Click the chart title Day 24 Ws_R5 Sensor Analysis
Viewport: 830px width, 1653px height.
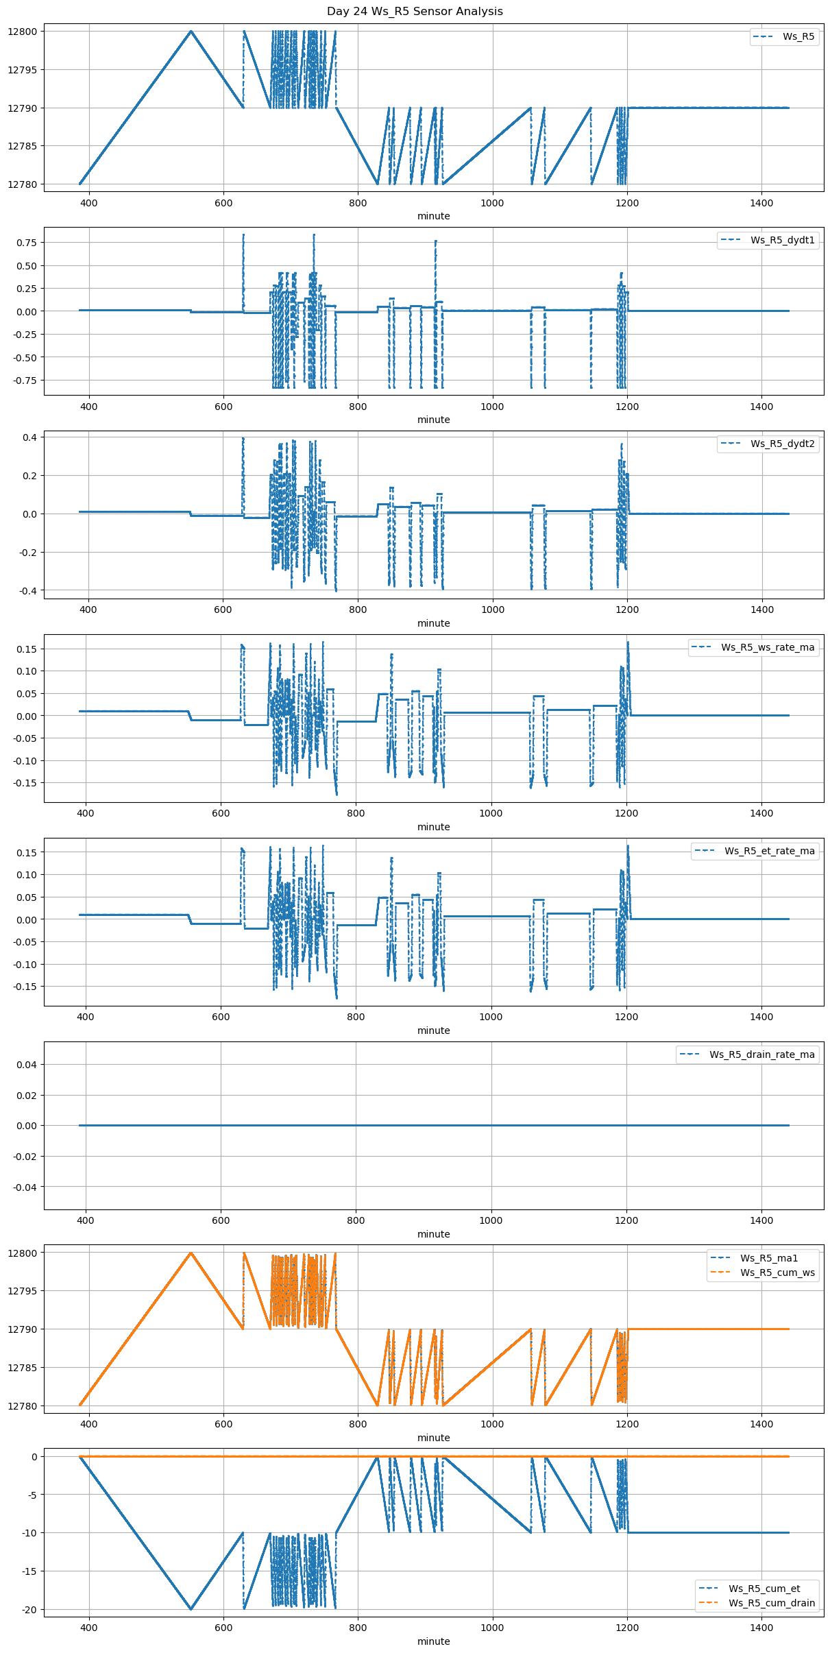(415, 11)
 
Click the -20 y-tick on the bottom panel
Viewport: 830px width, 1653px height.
(30, 1609)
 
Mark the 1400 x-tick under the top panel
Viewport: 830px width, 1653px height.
(761, 204)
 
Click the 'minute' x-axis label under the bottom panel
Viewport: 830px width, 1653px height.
(434, 1641)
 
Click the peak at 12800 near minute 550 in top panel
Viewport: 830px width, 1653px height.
(191, 32)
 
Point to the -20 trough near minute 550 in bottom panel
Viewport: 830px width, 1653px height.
(191, 1608)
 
